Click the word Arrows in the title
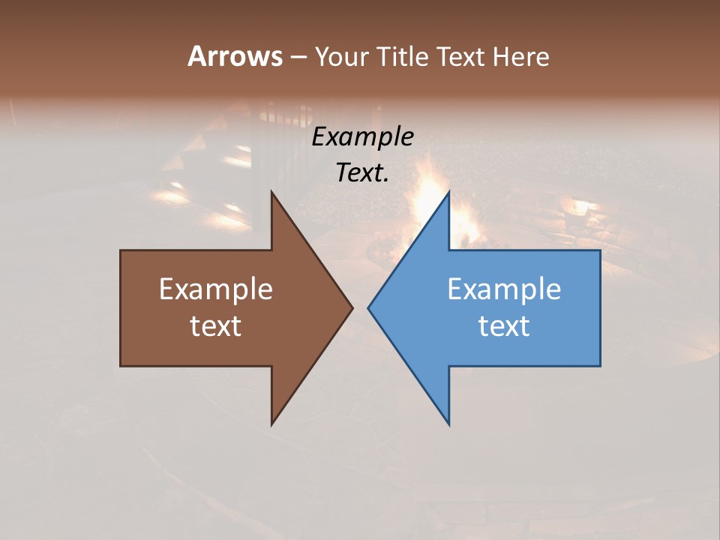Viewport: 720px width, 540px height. pos(234,56)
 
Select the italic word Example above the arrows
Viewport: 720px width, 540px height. pos(363,137)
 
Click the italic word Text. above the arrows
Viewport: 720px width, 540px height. pos(361,173)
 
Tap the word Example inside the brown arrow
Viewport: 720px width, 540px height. pos(216,289)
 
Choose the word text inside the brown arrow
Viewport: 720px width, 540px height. pos(216,326)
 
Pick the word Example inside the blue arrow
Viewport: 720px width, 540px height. pos(504,289)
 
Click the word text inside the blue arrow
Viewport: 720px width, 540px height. pos(504,326)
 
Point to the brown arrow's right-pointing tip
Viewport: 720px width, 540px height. pos(352,307)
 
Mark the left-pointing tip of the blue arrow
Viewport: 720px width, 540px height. pos(369,307)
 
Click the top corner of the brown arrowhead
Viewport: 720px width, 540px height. pos(272,193)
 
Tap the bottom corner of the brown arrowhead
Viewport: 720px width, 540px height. pos(272,424)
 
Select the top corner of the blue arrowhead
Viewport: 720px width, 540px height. pos(448,193)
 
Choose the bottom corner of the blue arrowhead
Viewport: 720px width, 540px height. pos(448,424)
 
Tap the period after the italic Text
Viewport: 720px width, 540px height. pos(386,181)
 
